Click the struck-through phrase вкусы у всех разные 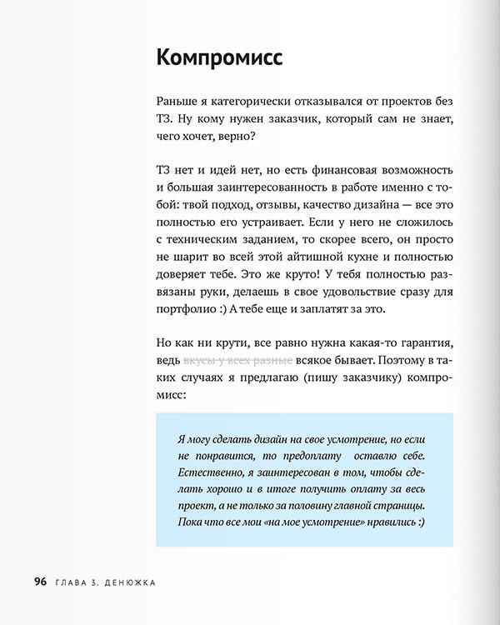pyautogui.click(x=237, y=362)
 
